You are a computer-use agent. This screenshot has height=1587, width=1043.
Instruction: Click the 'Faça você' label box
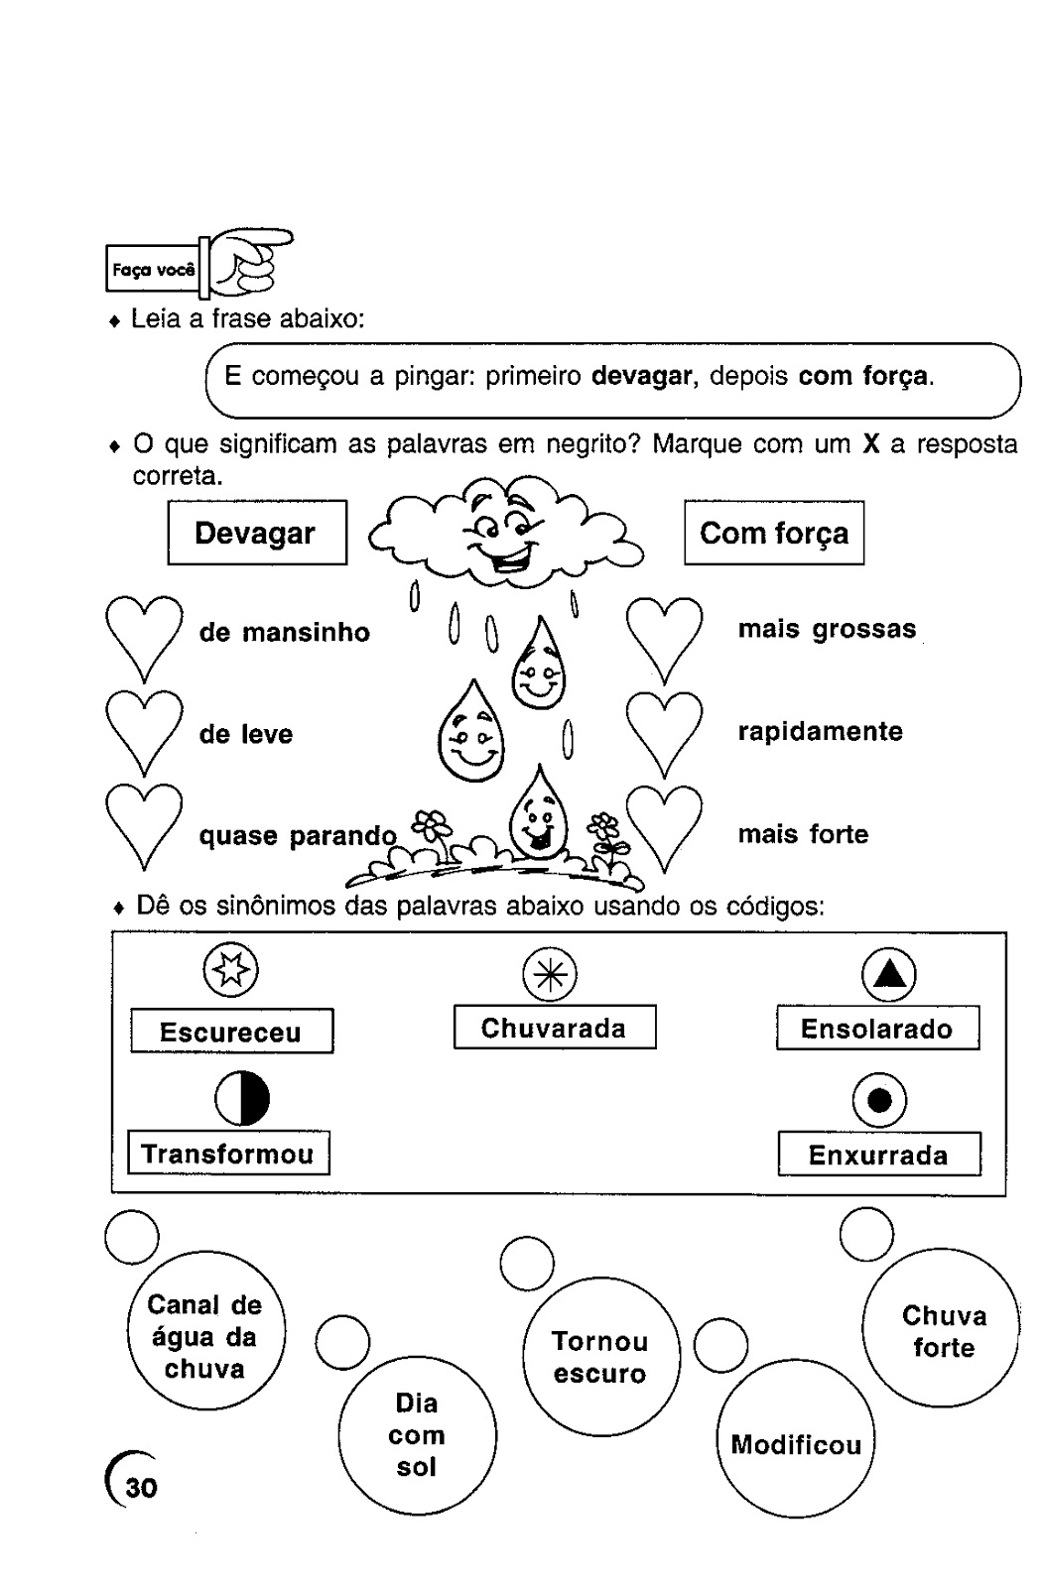[x=153, y=269]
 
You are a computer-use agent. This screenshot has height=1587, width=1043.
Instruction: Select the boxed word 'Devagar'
[x=256, y=533]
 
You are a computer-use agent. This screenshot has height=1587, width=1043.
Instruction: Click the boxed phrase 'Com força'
[x=773, y=534]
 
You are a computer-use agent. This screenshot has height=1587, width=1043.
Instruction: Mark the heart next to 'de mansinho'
[x=143, y=635]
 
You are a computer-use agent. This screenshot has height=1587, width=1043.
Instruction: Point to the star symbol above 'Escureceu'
[x=230, y=970]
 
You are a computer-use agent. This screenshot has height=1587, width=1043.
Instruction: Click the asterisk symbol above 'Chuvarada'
[x=550, y=975]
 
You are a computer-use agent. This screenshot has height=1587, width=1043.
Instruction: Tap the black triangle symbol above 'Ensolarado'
[x=888, y=976]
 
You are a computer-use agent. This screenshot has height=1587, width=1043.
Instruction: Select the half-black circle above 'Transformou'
[x=242, y=1100]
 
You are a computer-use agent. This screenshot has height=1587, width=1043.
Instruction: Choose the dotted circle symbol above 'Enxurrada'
[x=879, y=1101]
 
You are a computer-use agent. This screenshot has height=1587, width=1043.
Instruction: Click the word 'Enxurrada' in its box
[x=878, y=1155]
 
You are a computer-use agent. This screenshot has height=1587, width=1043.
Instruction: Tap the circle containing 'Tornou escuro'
[x=600, y=1357]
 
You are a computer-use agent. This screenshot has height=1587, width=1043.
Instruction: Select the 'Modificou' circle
[x=796, y=1444]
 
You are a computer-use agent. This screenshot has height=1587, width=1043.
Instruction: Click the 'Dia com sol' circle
[x=417, y=1435]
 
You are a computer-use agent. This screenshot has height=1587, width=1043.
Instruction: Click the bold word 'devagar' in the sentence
[x=640, y=377]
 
